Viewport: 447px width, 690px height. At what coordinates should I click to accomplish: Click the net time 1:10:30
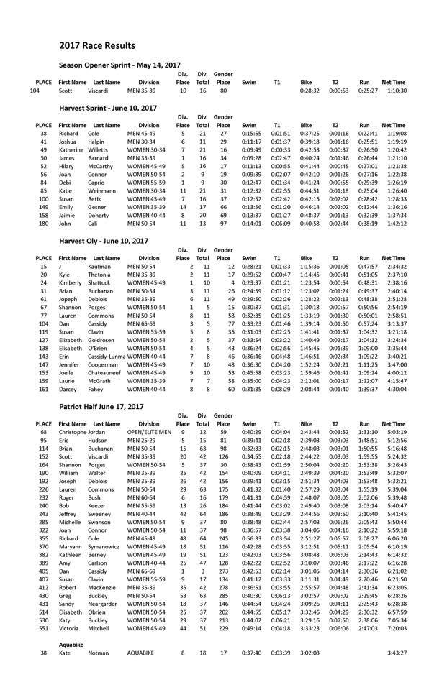click(x=394, y=91)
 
